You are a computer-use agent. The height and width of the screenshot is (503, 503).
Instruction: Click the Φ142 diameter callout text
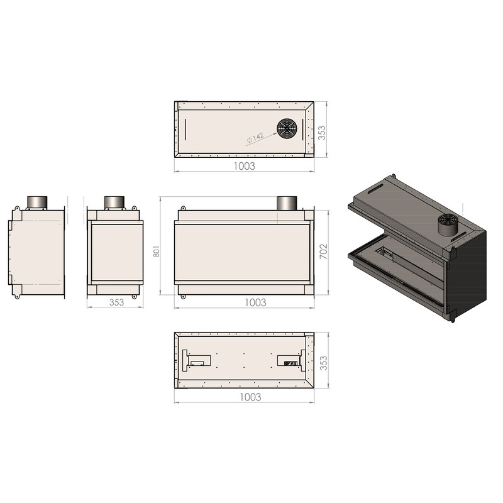point(255,138)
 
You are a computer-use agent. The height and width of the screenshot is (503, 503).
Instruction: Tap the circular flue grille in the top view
point(287,128)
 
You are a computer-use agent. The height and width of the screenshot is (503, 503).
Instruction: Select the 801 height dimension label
point(156,251)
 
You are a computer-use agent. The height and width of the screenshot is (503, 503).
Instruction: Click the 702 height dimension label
point(324,251)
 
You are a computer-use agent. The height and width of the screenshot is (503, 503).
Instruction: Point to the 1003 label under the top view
point(245,166)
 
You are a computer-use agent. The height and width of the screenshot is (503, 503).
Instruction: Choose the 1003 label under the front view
point(255,302)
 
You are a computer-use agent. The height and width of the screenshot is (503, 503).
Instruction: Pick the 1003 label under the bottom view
point(250,397)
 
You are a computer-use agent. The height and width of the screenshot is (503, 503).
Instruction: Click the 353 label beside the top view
point(321,133)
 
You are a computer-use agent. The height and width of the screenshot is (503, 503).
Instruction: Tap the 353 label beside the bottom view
point(323,363)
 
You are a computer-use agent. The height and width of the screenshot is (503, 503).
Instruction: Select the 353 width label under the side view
point(116,302)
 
